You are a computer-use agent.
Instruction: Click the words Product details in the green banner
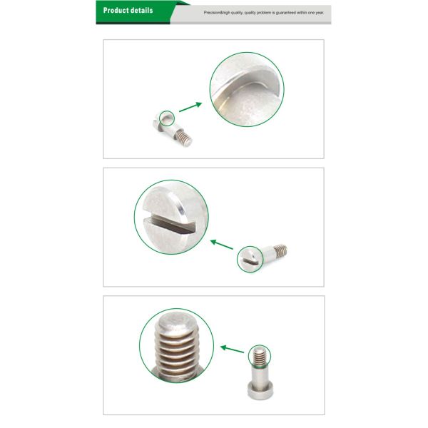pos(128,11)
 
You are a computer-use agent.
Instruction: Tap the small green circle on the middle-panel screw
pos(250,258)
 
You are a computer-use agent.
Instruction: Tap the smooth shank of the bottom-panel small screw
pos(259,373)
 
